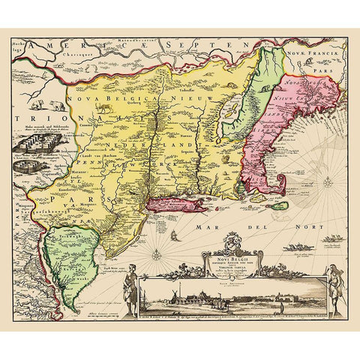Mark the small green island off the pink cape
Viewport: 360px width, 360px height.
[x=278, y=205]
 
